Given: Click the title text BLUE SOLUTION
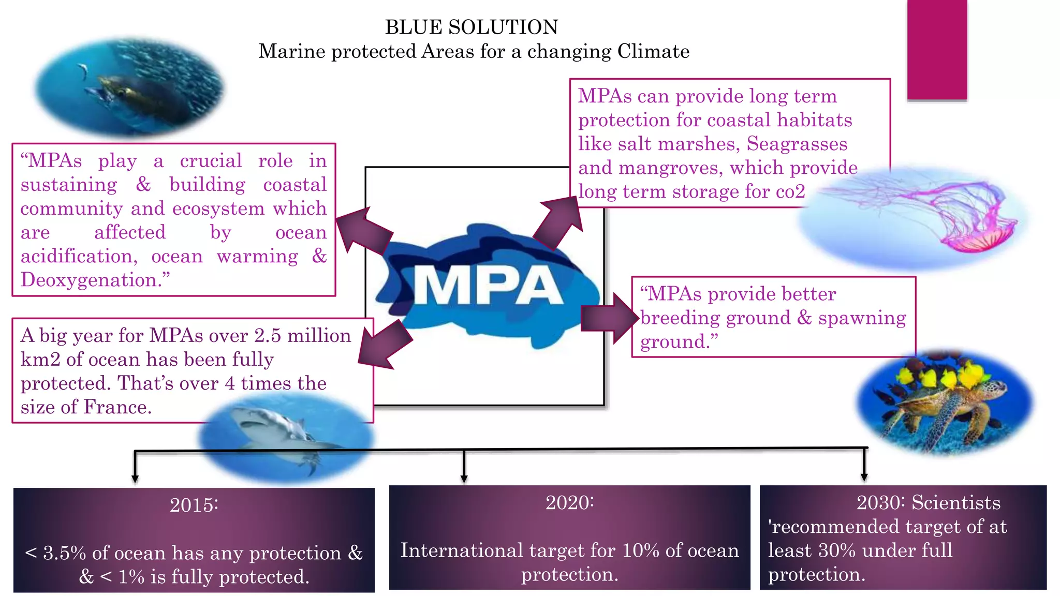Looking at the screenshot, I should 472,27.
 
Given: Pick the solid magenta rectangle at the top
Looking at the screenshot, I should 937,49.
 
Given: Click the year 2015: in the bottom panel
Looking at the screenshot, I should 194,505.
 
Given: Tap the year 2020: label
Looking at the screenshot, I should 569,502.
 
